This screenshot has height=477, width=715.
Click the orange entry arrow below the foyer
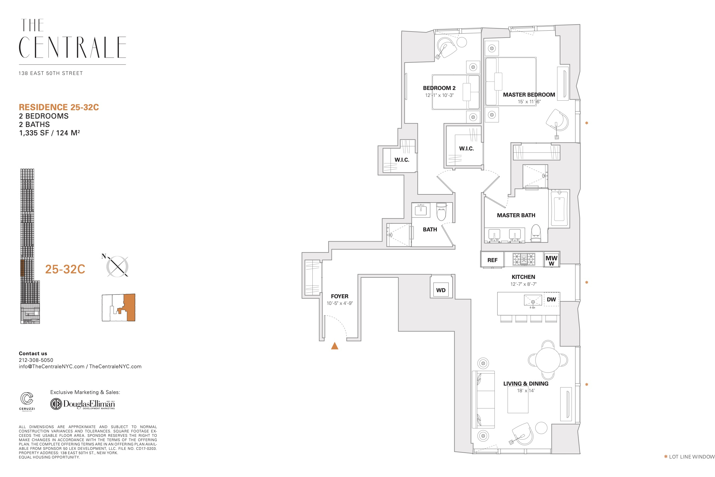coord(335,346)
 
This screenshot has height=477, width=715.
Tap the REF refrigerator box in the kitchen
coord(492,259)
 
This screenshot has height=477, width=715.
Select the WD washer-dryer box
coord(441,290)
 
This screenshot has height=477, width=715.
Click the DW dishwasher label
coord(551,299)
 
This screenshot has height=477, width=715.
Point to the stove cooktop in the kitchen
coord(524,259)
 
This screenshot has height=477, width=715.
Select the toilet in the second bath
coord(441,211)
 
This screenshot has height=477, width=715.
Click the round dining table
coord(548,360)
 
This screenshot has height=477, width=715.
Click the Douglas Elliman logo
coord(83,404)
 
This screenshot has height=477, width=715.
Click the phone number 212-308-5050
coord(36,360)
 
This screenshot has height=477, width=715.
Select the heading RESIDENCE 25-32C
coord(59,107)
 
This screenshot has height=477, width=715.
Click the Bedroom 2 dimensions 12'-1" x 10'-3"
coord(439,95)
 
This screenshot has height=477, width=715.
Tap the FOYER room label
coord(339,296)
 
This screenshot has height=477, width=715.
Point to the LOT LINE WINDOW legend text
coord(692,457)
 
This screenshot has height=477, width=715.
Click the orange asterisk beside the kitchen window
coord(586,282)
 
